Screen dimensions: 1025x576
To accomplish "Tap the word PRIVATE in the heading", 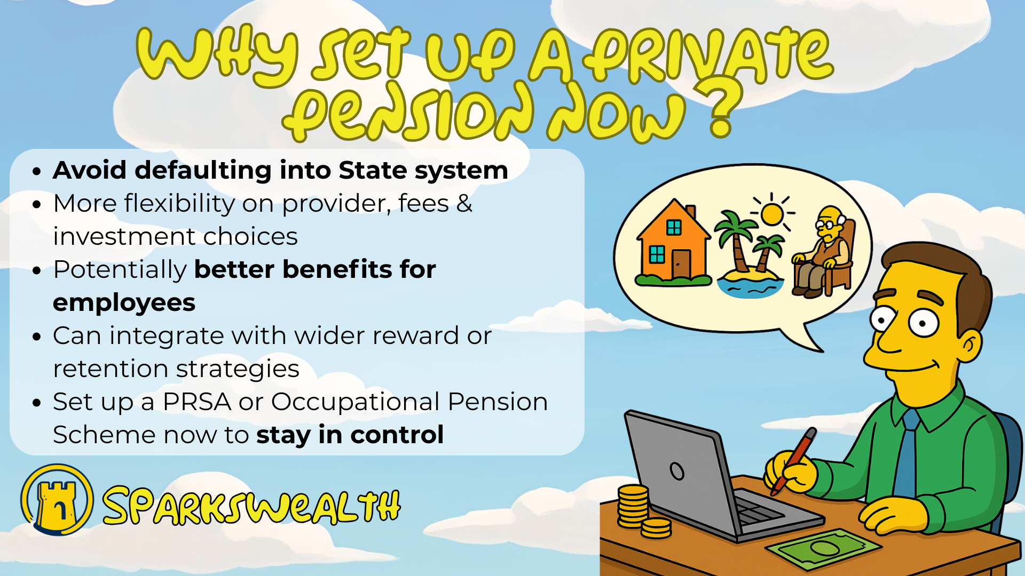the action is coord(707,56).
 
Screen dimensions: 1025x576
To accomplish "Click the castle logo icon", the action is coord(57,500).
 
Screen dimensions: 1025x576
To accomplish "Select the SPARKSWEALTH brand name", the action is coord(251,505).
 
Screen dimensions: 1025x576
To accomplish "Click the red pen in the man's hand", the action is coord(793,461).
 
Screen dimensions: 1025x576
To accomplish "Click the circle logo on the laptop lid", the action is coord(677,471).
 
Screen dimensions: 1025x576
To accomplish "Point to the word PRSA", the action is coord(197,402).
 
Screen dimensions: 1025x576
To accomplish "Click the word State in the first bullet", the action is coord(373,171).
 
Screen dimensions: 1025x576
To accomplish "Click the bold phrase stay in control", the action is coord(350,435).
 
